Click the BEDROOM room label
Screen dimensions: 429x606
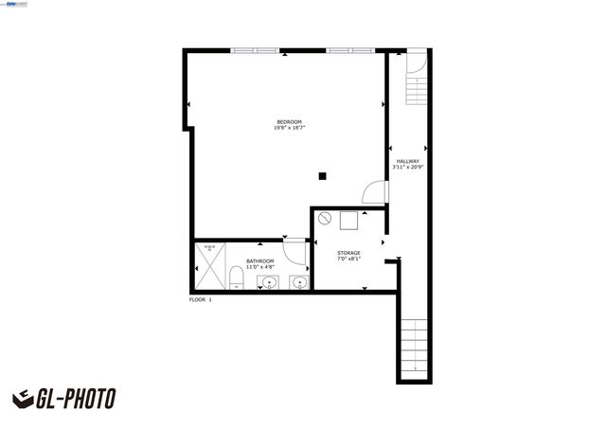tap(289, 121)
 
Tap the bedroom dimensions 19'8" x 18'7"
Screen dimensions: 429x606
tap(289, 128)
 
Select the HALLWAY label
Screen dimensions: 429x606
tap(408, 161)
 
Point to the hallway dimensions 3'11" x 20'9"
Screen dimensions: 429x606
tap(408, 168)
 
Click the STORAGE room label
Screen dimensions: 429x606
tap(349, 253)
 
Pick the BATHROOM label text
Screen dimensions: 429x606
tap(260, 261)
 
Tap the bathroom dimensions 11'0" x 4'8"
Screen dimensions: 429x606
tap(260, 268)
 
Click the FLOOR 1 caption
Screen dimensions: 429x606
tap(201, 299)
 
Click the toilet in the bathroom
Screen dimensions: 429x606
tap(236, 277)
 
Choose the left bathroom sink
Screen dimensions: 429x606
tap(270, 281)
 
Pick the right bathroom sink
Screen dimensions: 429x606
tap(299, 281)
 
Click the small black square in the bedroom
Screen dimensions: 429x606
tap(323, 174)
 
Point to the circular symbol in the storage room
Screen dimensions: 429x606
tap(325, 220)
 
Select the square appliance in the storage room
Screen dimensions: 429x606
tap(348, 222)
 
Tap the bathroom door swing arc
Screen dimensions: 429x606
tap(295, 251)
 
